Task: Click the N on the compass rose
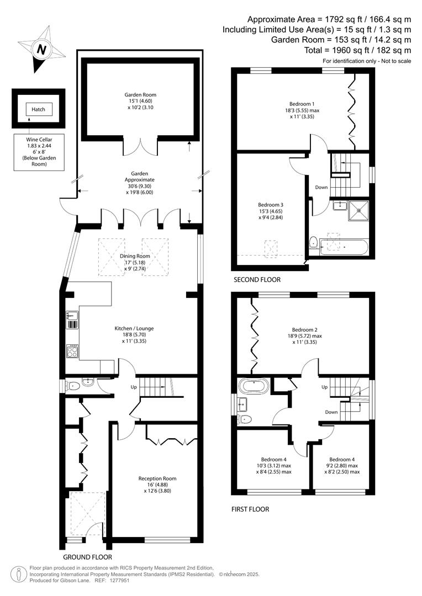pos(41,50)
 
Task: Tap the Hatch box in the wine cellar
pos(39,109)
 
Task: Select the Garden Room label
pos(140,95)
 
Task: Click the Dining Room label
pos(135,256)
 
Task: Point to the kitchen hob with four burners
pos(72,351)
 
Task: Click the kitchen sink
pos(72,320)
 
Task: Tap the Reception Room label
pos(157,478)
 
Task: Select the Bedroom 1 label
pos(302,104)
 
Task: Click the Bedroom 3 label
pos(270,205)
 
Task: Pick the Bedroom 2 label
pos(305,330)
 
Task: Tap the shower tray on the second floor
pos(359,210)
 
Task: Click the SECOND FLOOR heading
pos(257,280)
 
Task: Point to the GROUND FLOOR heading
pos(87,557)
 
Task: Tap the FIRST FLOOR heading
pos(250,509)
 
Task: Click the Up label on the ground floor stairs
pos(134,387)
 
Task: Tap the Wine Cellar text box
pos(39,152)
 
